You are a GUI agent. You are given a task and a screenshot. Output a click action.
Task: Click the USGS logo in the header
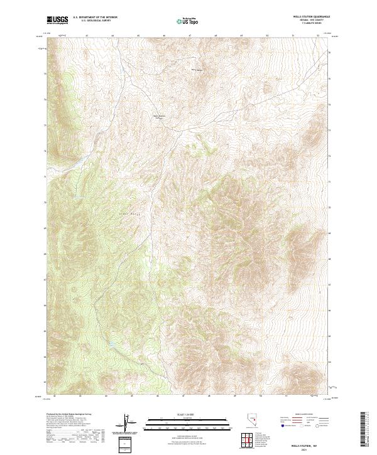pos(57,20)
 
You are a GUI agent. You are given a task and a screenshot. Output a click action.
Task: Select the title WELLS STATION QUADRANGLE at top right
pos(312,17)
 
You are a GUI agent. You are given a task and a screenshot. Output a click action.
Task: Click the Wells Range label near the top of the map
pos(197,70)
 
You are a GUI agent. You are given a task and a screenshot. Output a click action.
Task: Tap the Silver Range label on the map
pos(126,213)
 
